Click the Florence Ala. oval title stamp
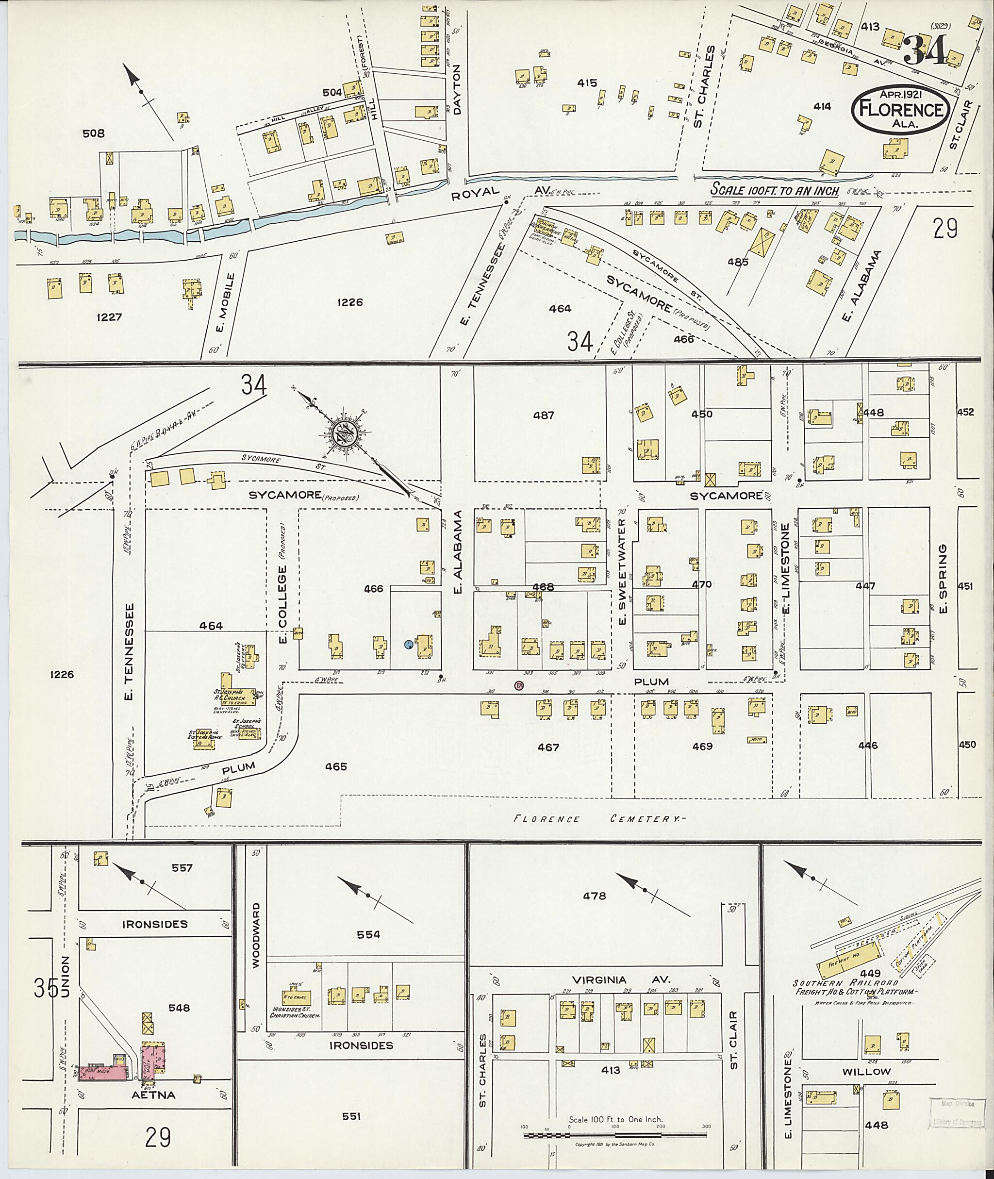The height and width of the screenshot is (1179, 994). coord(900,109)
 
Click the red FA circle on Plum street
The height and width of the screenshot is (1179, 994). coord(518,685)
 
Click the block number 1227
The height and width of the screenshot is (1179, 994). coord(109,317)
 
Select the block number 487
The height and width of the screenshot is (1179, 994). coord(543,415)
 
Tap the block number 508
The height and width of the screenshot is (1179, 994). coord(94,133)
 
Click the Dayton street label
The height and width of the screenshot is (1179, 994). coord(456,90)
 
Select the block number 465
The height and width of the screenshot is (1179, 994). coord(336,766)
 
